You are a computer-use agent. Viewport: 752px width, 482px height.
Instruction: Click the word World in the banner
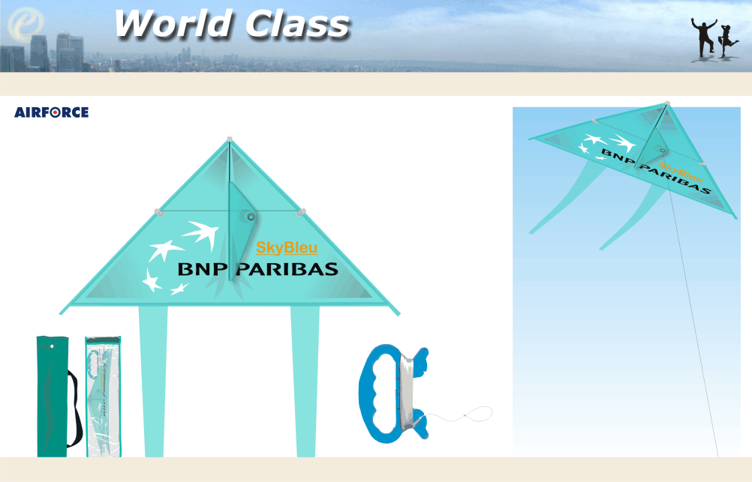pyautogui.click(x=174, y=23)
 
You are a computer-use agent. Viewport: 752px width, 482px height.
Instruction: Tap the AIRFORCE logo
pyautogui.click(x=51, y=112)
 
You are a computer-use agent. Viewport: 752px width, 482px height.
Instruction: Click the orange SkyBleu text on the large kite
pyautogui.click(x=287, y=247)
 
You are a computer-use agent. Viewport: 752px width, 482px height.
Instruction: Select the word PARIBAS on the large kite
pyautogui.click(x=287, y=269)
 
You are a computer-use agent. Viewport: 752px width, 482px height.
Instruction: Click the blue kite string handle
pyautogui.click(x=393, y=394)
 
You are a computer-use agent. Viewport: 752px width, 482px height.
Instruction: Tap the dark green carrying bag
pyautogui.click(x=53, y=397)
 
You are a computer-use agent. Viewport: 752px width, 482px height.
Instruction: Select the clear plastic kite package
pyautogui.click(x=103, y=397)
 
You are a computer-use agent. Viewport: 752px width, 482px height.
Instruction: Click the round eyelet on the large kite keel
pyautogui.click(x=251, y=217)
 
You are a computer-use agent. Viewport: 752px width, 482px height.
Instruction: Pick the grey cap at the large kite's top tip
pyautogui.click(x=230, y=139)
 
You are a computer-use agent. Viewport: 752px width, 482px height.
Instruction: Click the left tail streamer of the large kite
pyautogui.click(x=153, y=382)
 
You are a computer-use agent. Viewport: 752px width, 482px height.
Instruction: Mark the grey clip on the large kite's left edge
pyautogui.click(x=159, y=212)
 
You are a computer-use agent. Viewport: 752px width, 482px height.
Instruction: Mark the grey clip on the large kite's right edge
pyautogui.click(x=301, y=212)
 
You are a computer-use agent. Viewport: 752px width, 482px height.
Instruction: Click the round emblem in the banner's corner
pyautogui.click(x=26, y=23)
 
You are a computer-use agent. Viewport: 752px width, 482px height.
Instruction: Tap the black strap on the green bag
pyautogui.click(x=75, y=409)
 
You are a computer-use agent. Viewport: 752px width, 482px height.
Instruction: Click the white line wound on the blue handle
pyautogui.click(x=406, y=393)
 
